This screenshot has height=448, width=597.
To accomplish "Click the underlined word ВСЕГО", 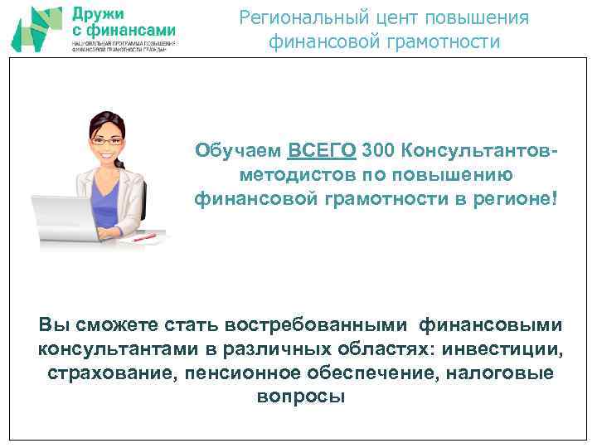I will (x=323, y=151).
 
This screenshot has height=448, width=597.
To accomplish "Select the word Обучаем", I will (x=239, y=151).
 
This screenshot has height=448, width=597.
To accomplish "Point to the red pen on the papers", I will (x=145, y=236).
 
